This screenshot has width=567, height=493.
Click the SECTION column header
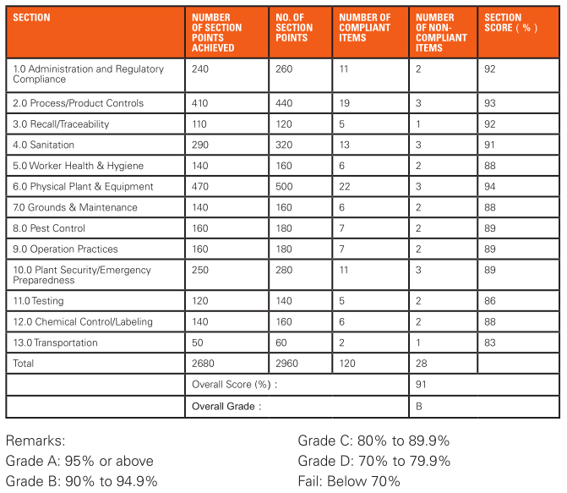point(31,18)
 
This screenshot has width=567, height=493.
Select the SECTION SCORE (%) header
point(510,23)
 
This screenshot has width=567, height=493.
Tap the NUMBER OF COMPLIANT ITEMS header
point(364,28)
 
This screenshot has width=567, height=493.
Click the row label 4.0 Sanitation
point(43,145)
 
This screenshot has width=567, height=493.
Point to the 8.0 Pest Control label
point(49,228)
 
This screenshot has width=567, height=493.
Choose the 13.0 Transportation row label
point(55,342)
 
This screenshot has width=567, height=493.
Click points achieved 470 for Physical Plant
point(200,186)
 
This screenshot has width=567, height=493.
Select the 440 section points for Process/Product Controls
point(284,103)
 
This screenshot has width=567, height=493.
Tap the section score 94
point(489,186)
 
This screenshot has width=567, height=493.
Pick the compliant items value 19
point(344,103)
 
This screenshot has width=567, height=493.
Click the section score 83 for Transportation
point(489,342)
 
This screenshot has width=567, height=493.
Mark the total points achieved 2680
point(203,363)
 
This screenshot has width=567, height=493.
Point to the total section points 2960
point(286,363)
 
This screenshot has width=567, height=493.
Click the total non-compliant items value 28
point(422,363)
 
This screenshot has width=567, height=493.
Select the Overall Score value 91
point(421,384)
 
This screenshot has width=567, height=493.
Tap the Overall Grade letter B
point(419,406)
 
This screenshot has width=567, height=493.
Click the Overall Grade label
point(226,406)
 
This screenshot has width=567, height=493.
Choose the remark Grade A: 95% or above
point(79,461)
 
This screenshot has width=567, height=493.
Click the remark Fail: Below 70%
point(349,481)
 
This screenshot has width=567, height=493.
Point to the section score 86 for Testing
point(489,301)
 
